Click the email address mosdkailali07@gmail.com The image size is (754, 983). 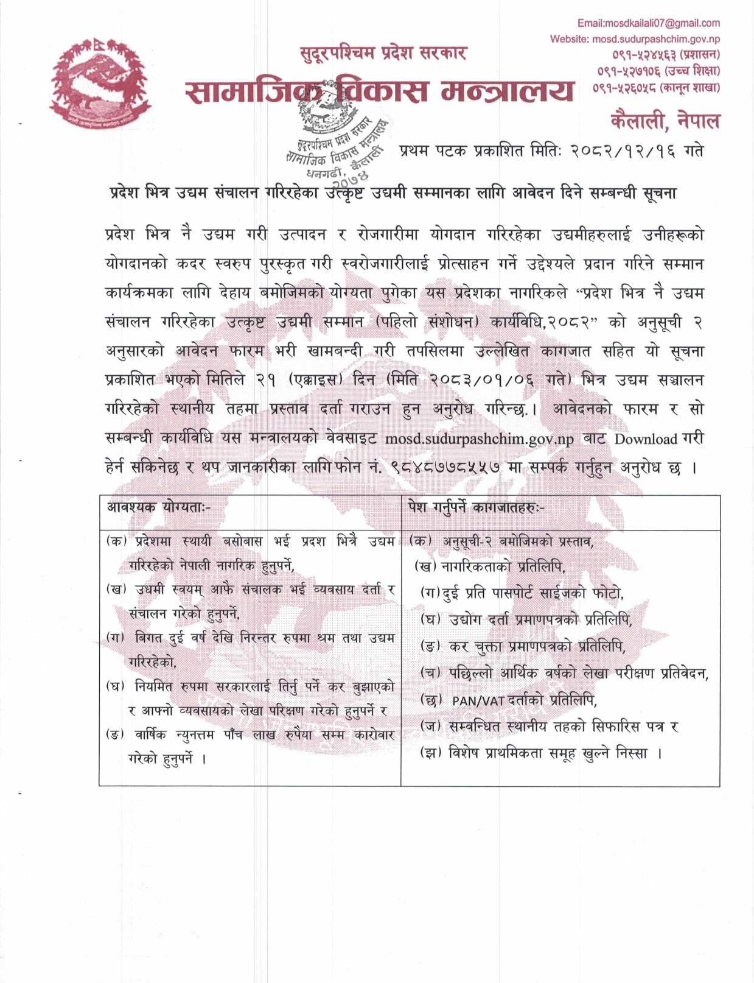click(648, 23)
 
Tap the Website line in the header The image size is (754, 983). click(635, 39)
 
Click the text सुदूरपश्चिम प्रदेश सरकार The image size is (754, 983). click(383, 54)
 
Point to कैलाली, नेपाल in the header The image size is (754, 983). click(665, 121)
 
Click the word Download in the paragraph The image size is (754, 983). click(645, 439)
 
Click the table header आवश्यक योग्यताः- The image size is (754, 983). click(159, 507)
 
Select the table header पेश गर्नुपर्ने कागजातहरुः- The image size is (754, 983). click(477, 507)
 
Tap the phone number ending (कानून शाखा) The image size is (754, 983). click(656, 87)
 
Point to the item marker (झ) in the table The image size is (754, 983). click(430, 753)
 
